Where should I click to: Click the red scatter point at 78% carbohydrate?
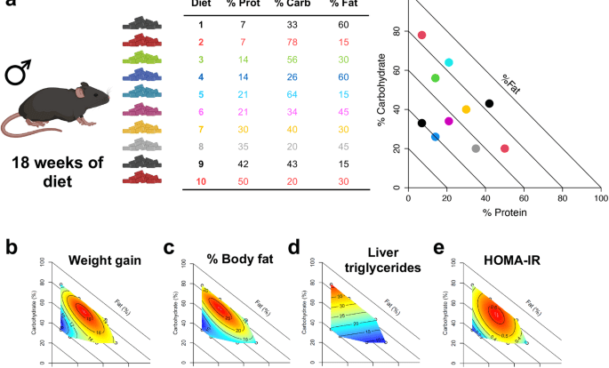422,35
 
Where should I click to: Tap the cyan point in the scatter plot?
449,62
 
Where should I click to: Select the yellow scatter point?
466,109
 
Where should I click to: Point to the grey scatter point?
476,148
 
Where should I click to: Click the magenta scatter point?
449,121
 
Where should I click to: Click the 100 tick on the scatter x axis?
602,200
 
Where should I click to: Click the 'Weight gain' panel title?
104,260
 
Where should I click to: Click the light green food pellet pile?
140,58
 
